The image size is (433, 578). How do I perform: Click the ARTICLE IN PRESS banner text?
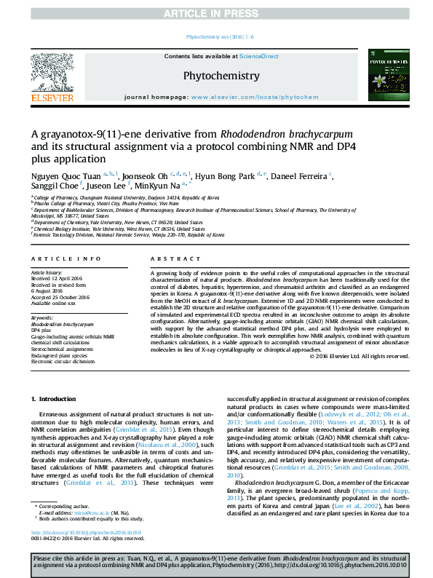pyautogui.click(x=215, y=13)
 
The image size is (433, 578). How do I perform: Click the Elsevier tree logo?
pyautogui.click(x=52, y=70)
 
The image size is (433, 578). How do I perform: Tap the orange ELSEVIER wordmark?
pyautogui.click(x=52, y=98)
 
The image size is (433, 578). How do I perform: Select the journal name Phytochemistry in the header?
pyautogui.click(x=221, y=76)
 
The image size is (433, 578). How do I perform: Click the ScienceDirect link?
pyautogui.click(x=260, y=56)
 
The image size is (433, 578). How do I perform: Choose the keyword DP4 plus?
pyautogui.click(x=46, y=330)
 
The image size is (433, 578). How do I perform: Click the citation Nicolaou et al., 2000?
pyautogui.click(x=178, y=444)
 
